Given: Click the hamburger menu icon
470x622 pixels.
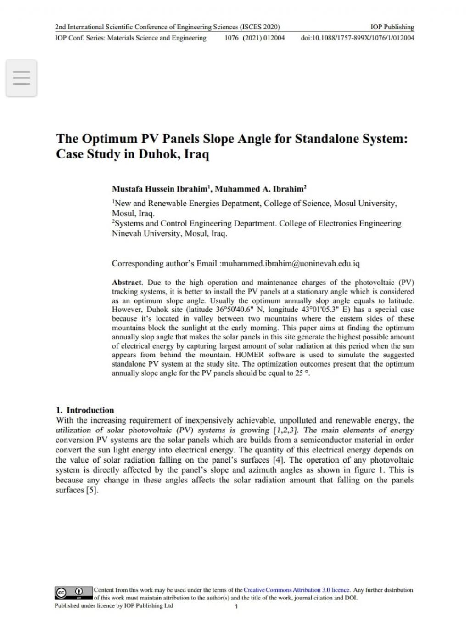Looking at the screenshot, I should (22, 78).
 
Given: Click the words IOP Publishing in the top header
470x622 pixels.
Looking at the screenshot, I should (392, 27).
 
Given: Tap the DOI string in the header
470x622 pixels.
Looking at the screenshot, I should (357, 38).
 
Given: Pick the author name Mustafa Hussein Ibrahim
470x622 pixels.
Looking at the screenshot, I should (160, 189).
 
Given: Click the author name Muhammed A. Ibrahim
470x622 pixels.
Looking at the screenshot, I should (259, 189).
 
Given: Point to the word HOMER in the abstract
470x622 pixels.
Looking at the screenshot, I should (249, 355).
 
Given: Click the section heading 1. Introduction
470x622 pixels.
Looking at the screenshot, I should (85, 410).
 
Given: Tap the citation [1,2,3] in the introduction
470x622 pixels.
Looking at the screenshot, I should (286, 430).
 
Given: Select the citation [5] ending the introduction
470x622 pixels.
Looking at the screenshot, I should (92, 490).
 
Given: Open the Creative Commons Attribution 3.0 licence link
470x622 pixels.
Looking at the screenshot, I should (297, 590).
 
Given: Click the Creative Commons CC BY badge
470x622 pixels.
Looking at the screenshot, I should (73, 593).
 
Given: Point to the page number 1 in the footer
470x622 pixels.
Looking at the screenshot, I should (236, 607).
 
